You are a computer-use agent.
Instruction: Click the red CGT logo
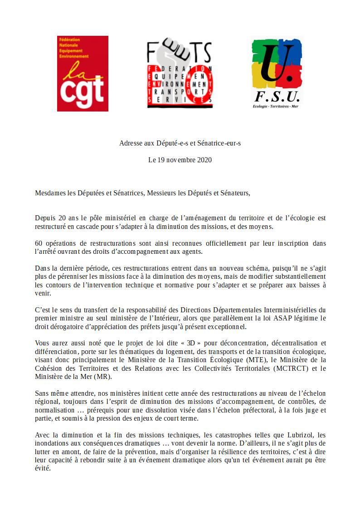point(83,73)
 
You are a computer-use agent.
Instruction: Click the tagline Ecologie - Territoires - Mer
point(276,106)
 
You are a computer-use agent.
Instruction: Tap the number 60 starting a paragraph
point(39,243)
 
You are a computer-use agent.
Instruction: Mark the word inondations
point(53,444)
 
